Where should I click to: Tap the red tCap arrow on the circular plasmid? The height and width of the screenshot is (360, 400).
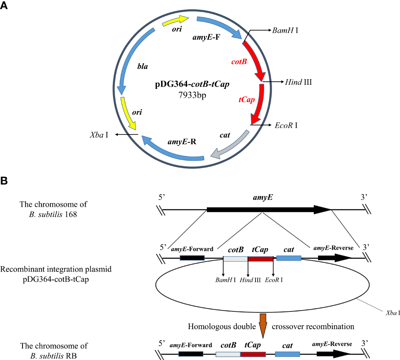tap(258, 104)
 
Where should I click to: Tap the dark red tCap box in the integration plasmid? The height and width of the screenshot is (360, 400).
tap(260, 259)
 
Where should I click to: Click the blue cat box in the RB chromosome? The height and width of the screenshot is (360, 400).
tap(287, 354)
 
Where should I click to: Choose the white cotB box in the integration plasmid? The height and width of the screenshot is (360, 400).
tap(236, 259)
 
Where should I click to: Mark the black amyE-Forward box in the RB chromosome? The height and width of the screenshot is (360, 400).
tap(191, 354)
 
